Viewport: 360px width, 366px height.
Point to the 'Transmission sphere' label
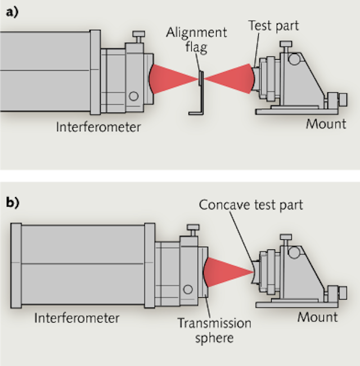pyautogui.click(x=214, y=331)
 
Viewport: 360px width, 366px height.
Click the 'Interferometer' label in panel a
pyautogui.click(x=98, y=127)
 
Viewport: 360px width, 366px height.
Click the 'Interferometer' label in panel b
pyautogui.click(x=76, y=318)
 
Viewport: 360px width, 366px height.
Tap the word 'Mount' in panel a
pyautogui.click(x=326, y=123)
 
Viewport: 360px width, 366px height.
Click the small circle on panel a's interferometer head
pyautogui.click(x=133, y=96)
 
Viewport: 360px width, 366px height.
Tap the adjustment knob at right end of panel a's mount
pyautogui.click(x=342, y=101)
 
